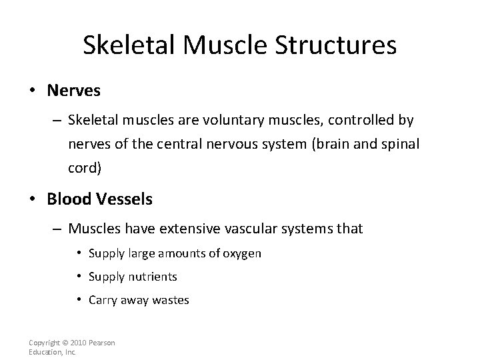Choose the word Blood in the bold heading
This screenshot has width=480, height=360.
tap(67, 199)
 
